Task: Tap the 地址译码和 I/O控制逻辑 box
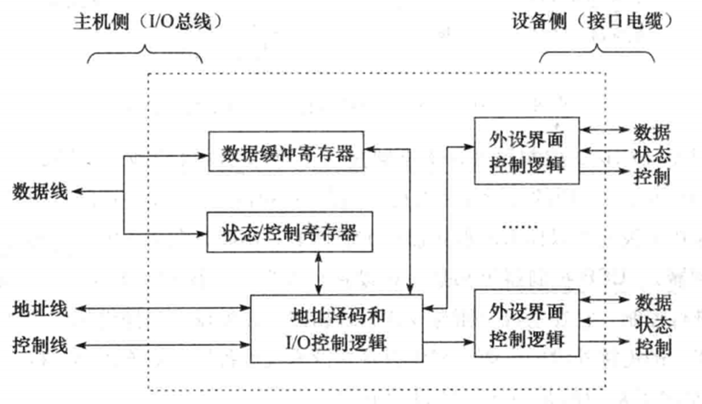pyautogui.click(x=336, y=328)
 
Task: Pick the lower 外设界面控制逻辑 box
pyautogui.click(x=526, y=323)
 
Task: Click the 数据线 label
pyautogui.click(x=40, y=191)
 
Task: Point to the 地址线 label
pyautogui.click(x=40, y=309)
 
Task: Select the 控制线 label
pyautogui.click(x=40, y=346)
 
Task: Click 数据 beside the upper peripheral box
pyautogui.click(x=652, y=133)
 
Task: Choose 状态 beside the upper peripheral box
pyautogui.click(x=652, y=154)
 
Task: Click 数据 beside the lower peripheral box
pyautogui.click(x=652, y=302)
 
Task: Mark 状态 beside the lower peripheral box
pyautogui.click(x=652, y=325)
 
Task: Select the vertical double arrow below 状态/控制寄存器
pyautogui.click(x=318, y=272)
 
